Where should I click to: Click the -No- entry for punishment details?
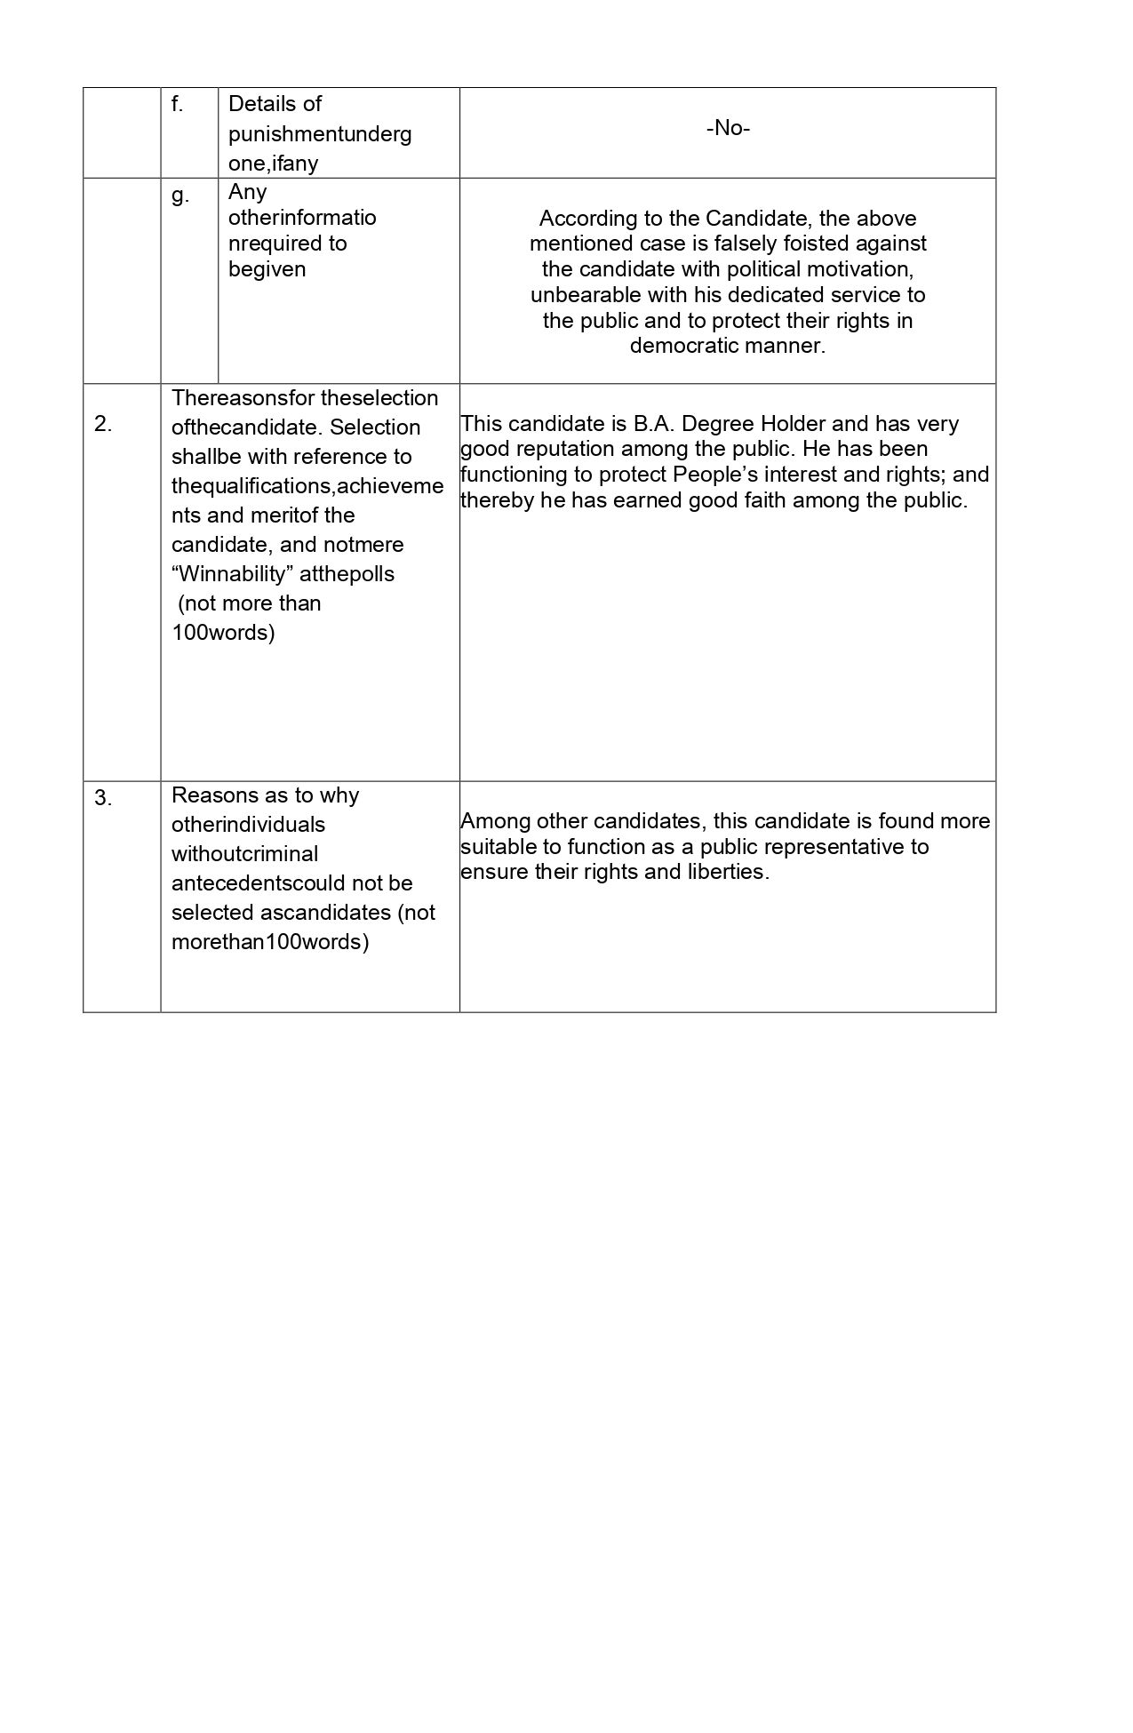coord(728,128)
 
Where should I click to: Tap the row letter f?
coord(177,105)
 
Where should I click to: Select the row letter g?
coord(180,196)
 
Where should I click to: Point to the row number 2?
coord(103,425)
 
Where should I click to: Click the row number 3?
coord(103,798)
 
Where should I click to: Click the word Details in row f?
coord(262,104)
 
